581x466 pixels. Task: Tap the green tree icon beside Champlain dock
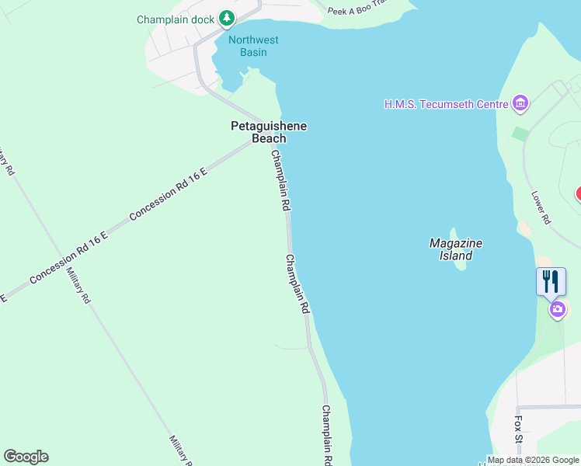click(x=226, y=17)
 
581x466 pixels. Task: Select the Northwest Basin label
click(x=253, y=46)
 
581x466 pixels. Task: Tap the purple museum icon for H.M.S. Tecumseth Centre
click(x=520, y=103)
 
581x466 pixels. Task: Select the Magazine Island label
click(x=456, y=249)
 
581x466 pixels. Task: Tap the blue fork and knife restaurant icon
click(x=551, y=281)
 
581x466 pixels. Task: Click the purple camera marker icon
click(x=557, y=310)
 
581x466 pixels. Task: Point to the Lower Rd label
click(x=541, y=208)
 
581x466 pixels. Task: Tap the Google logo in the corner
click(x=26, y=457)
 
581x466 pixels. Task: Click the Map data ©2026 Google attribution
click(x=533, y=460)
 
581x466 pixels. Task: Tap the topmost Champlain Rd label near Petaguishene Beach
click(x=280, y=181)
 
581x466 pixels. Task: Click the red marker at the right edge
click(x=578, y=194)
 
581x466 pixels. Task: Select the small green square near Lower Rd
click(x=520, y=133)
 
